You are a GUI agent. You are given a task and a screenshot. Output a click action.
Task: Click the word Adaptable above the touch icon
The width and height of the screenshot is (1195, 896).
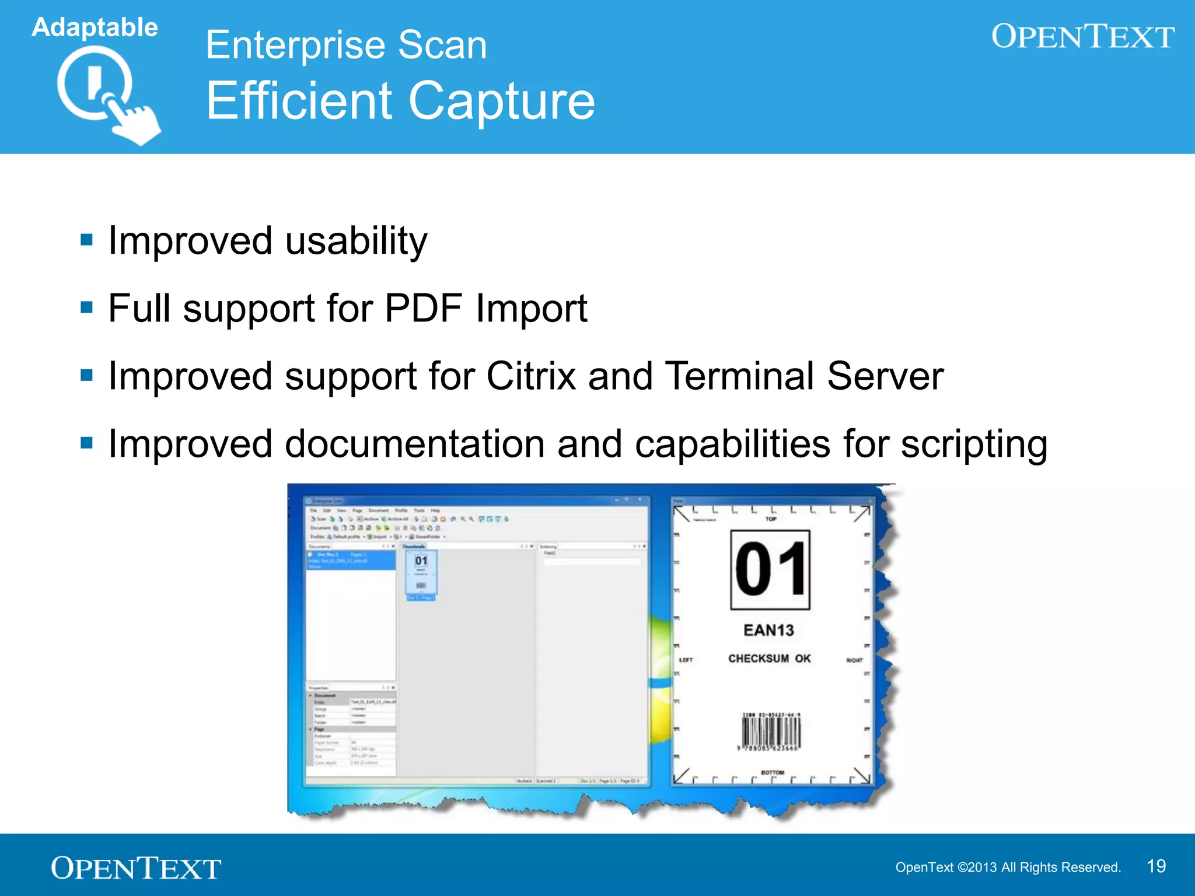click(x=95, y=27)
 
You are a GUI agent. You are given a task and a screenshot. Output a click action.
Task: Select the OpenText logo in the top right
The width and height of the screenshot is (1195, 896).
click(x=1082, y=37)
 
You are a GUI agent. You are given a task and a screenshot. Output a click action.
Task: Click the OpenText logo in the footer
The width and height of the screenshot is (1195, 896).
click(x=136, y=868)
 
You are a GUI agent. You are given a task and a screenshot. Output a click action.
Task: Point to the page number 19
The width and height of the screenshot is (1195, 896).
click(x=1156, y=866)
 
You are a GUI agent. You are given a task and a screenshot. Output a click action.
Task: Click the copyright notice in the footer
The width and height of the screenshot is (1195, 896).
click(x=1008, y=867)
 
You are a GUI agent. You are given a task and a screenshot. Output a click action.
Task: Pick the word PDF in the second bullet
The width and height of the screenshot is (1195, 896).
click(x=424, y=308)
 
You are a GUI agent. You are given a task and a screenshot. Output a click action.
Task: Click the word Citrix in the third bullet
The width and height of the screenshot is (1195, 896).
click(x=531, y=376)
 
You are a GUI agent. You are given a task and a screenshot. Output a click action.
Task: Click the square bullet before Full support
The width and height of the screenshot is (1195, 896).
click(x=87, y=307)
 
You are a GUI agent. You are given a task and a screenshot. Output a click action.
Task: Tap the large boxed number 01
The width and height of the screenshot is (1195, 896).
click(x=770, y=569)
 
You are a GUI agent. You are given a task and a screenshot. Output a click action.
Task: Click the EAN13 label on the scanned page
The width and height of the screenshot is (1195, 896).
click(x=768, y=630)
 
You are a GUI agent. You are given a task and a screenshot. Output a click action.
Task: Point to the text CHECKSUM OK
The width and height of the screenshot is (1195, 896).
click(x=769, y=659)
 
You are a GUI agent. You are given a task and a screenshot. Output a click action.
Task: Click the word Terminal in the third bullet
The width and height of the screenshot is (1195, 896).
click(x=739, y=376)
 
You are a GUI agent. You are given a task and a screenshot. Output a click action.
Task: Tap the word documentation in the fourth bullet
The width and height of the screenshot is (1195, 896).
click(x=415, y=444)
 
